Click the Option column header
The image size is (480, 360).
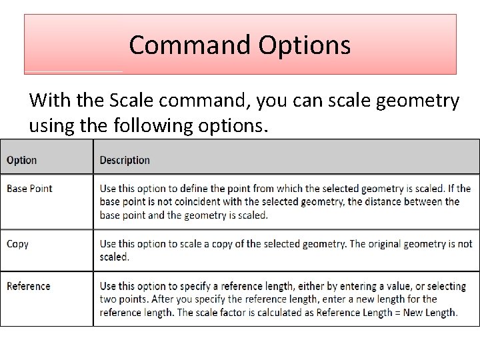[21, 160]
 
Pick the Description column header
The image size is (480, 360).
[125, 160]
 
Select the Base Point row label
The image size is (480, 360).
[29, 188]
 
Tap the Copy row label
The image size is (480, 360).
[17, 244]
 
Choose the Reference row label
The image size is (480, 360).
[28, 286]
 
